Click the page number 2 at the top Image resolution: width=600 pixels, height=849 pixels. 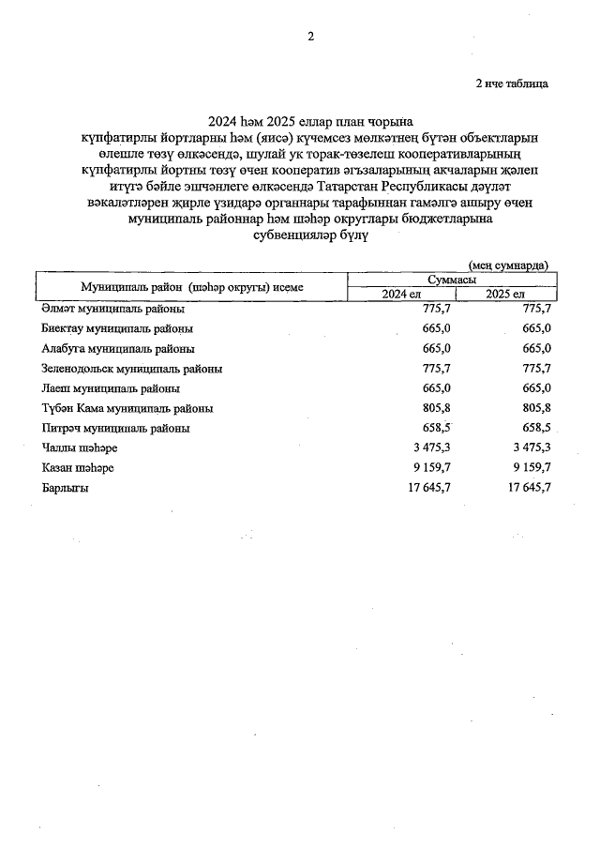310,37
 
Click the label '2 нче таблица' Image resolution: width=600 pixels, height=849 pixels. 512,84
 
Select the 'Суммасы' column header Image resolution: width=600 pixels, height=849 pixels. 450,280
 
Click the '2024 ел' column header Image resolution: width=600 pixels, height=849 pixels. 399,294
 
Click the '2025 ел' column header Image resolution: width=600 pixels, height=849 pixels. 504,294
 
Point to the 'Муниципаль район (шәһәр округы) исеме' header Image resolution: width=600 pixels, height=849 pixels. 192,287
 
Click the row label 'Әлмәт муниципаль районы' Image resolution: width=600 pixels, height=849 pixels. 112,308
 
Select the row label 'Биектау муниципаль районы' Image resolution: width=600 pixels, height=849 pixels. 117,328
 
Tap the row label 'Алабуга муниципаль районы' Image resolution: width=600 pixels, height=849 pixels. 114,348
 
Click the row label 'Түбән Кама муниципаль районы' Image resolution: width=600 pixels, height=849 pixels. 127,409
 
